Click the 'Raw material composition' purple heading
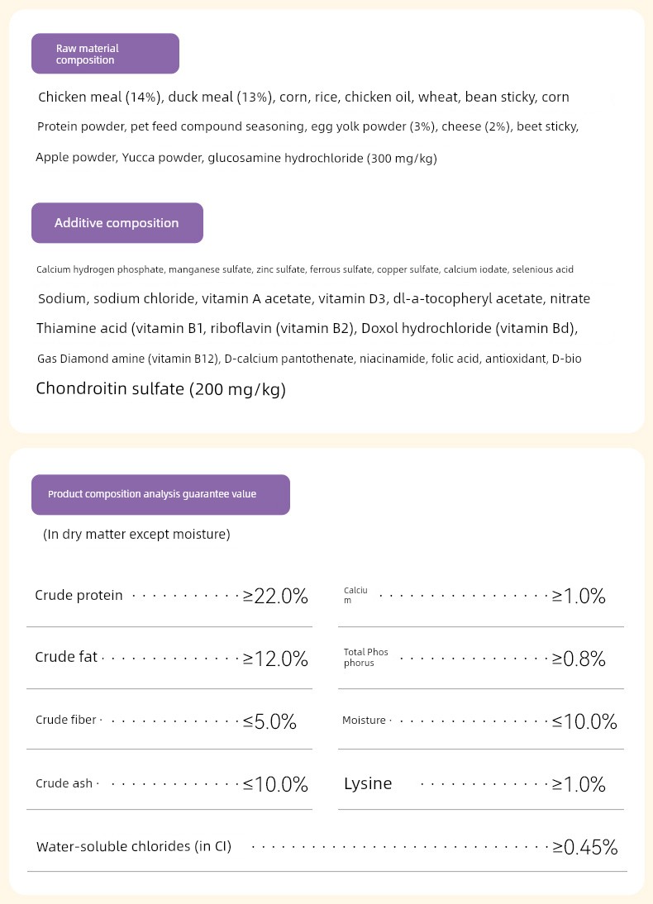coord(105,54)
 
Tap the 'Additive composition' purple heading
coord(117,223)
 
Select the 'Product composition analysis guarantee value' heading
coord(160,494)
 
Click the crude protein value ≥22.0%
coord(275,596)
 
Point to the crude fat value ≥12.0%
coord(275,659)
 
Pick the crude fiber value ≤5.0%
coord(269,721)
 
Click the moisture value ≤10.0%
coord(584,721)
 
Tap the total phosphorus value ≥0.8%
coord(579,659)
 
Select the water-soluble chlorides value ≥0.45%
coord(585,847)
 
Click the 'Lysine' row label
coord(368,783)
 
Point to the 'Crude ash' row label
coord(64,783)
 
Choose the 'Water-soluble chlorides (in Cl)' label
coord(134,847)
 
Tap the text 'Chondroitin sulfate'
coord(110,389)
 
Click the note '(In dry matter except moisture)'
coord(136,535)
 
